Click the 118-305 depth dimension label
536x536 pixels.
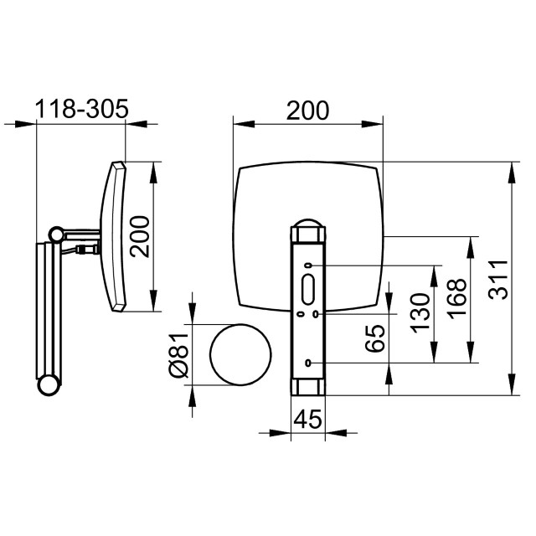[x=81, y=109]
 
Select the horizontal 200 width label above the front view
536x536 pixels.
[x=307, y=110]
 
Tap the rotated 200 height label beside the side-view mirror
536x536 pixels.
[x=140, y=236]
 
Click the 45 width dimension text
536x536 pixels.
[x=308, y=418]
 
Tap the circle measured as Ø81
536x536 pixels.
[x=240, y=353]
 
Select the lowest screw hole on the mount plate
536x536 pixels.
[x=308, y=363]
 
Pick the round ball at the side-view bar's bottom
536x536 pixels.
[x=49, y=385]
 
